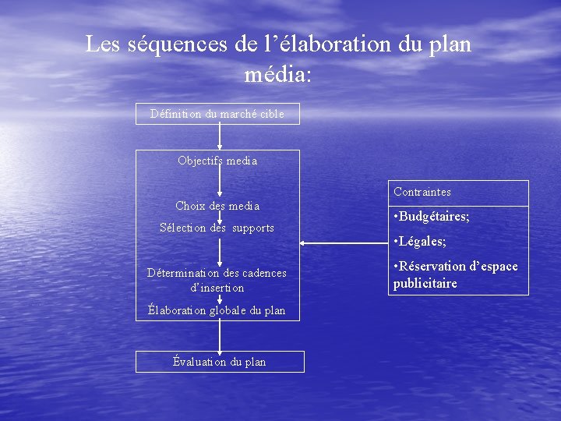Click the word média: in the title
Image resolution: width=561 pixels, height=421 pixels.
277,75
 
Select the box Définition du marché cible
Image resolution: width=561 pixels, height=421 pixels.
217,114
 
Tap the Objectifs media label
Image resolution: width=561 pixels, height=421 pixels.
217,161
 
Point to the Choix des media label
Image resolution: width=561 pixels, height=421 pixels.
217,206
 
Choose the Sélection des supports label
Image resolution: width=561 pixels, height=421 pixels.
217,228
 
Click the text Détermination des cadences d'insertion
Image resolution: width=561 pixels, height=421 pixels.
217,280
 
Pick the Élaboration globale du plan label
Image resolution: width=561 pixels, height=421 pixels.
217,310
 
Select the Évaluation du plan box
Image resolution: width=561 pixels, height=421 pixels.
219,362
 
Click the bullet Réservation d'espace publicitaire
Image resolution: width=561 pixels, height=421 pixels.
455,274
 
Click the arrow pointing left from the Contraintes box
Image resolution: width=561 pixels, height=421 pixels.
343,243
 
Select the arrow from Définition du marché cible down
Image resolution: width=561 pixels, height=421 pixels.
220,137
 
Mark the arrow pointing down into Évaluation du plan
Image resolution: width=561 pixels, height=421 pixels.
220,335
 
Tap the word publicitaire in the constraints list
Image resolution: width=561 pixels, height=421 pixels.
425,283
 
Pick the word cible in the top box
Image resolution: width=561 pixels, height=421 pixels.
270,114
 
